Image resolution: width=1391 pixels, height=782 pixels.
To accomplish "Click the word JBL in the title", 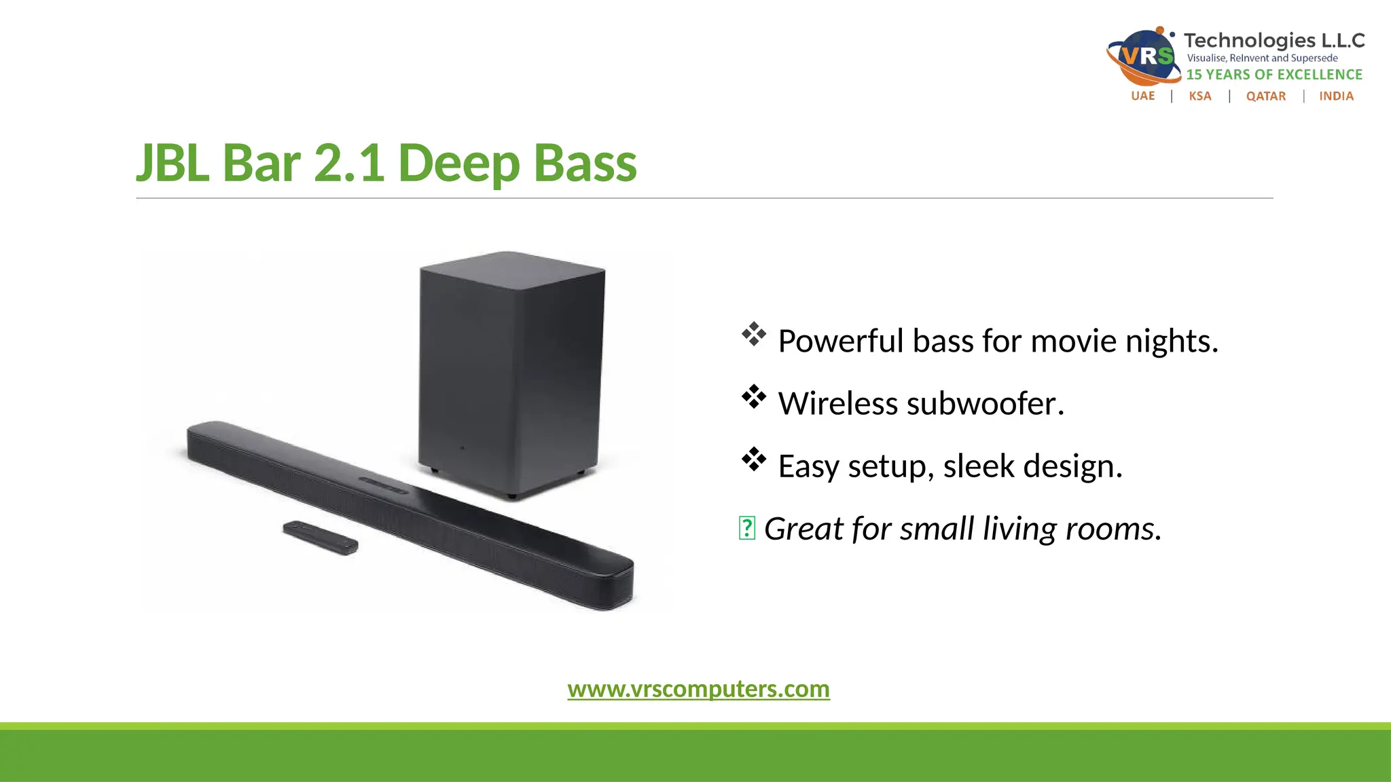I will point(173,164).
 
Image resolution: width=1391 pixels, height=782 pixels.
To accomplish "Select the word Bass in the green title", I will point(585,164).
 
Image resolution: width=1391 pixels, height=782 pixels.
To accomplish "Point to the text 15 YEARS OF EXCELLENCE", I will point(1274,75).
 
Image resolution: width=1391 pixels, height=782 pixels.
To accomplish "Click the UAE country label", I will point(1142,96).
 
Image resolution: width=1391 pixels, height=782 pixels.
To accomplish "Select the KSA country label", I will point(1200,96).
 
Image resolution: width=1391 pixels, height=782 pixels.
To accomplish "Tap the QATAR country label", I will point(1266,96).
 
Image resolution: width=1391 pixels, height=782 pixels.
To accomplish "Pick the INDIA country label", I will point(1336,96).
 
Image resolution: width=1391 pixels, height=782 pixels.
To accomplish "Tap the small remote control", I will point(320,537).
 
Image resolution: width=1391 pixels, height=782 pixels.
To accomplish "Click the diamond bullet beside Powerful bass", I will point(754,334).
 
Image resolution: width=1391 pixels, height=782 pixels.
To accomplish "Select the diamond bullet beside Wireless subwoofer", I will point(754,396).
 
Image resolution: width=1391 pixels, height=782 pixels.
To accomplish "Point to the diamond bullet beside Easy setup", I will point(754,459).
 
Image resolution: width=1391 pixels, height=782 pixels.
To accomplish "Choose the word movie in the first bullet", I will point(1073,341).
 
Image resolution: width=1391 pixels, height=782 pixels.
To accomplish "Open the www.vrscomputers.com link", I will point(698,689).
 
